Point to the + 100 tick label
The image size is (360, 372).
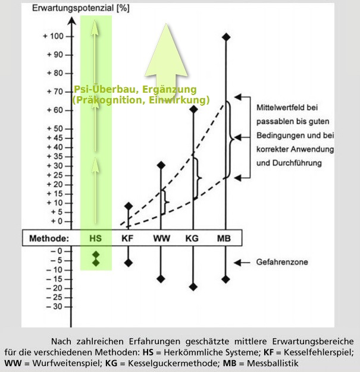pyautogui.click(x=53, y=36)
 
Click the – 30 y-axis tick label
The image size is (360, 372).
pyautogui.click(x=53, y=307)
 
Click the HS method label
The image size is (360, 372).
pyautogui.click(x=96, y=239)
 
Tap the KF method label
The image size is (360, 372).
pyautogui.click(x=127, y=239)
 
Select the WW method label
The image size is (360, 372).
pyautogui.click(x=160, y=239)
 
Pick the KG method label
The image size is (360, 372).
pyautogui.click(x=192, y=239)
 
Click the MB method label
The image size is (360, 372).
pyautogui.click(x=225, y=239)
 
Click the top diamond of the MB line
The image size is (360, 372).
pyautogui.click(x=226, y=37)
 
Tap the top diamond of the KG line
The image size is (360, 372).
pyautogui.click(x=193, y=109)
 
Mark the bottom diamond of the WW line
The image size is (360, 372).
pyautogui.click(x=161, y=279)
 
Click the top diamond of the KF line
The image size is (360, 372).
pyautogui.click(x=128, y=206)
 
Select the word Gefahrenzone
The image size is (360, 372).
pyautogui.click(x=281, y=262)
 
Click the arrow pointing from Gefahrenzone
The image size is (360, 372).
pyautogui.click(x=243, y=262)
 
